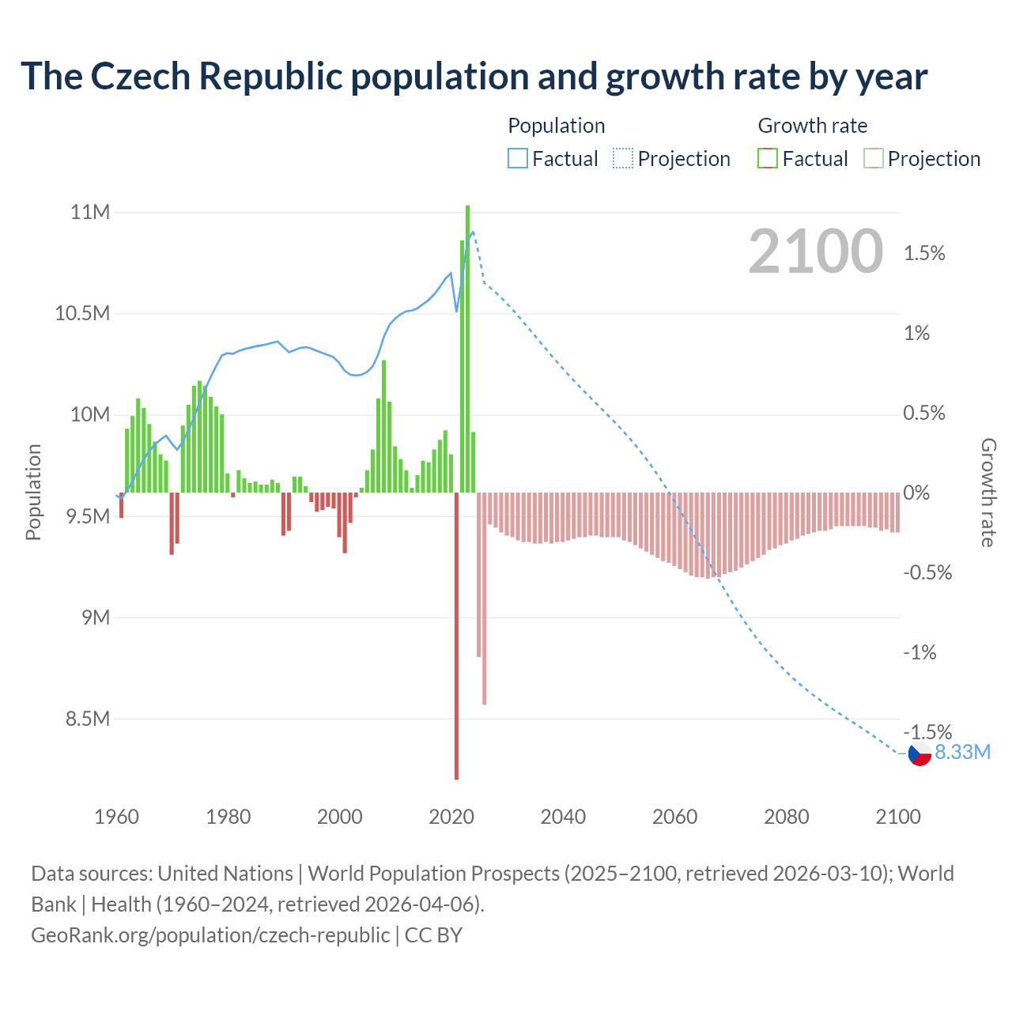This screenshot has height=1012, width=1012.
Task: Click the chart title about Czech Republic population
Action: (474, 77)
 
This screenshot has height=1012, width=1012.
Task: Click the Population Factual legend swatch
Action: (517, 159)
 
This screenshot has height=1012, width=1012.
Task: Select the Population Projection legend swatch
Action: (623, 159)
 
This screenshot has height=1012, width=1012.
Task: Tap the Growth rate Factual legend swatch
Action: (768, 159)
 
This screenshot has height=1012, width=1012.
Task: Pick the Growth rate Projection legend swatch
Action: (874, 159)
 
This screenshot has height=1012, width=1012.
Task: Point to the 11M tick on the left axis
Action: (90, 212)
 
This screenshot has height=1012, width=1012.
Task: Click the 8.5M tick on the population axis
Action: (87, 719)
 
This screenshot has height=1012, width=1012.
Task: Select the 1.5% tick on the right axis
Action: (924, 254)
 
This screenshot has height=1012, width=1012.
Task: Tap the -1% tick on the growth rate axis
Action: (919, 653)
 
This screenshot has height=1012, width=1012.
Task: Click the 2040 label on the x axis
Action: (563, 817)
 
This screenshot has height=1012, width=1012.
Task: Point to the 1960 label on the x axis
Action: (116, 817)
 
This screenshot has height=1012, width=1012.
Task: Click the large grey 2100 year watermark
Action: (815, 251)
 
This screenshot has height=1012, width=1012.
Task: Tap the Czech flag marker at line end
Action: (919, 754)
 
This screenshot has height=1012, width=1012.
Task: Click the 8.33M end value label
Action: (962, 753)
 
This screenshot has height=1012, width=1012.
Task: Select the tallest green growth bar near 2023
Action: (468, 348)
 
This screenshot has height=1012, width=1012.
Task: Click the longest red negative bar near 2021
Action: (456, 636)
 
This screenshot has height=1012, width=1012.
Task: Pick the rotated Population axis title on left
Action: (33, 492)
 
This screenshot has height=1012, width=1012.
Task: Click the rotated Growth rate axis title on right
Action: (987, 493)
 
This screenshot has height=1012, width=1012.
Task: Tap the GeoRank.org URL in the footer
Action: (210, 935)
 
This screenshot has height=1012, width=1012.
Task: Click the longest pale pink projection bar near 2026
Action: (484, 598)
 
